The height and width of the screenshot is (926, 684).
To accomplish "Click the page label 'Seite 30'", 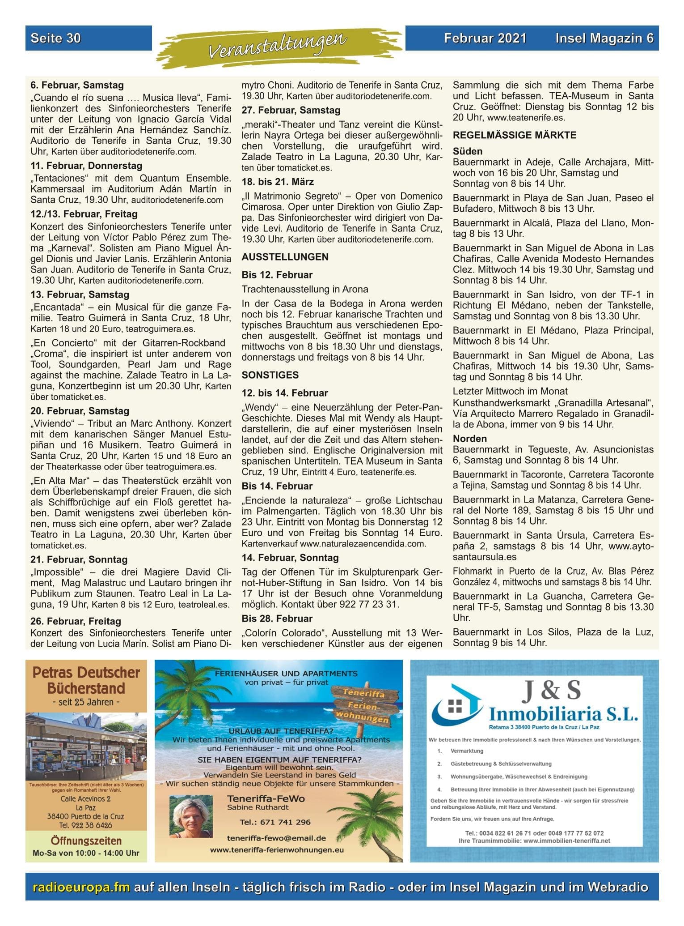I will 55,38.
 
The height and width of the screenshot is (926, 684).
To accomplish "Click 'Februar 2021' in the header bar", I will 485,38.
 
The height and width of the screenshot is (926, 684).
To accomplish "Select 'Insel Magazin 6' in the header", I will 604,38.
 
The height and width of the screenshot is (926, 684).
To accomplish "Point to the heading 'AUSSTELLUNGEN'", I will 285,257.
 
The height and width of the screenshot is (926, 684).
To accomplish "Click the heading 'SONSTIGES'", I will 270,375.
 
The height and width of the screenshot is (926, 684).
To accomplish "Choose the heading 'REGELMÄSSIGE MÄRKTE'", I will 514,135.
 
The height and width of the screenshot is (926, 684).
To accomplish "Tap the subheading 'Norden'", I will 469,439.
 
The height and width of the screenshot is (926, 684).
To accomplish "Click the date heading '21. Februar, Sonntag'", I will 79,559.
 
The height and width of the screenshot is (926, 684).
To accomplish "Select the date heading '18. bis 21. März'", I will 278,182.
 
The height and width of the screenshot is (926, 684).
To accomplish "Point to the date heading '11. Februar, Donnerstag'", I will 86,166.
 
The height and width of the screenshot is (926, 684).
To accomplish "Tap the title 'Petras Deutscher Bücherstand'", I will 86,680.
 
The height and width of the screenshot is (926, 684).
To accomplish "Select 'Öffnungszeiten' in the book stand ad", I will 86,841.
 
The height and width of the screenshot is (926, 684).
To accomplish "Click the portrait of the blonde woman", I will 191,816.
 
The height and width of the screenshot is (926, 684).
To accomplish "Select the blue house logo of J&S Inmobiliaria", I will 457,703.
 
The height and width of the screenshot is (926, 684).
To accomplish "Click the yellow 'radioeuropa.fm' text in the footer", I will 81,887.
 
